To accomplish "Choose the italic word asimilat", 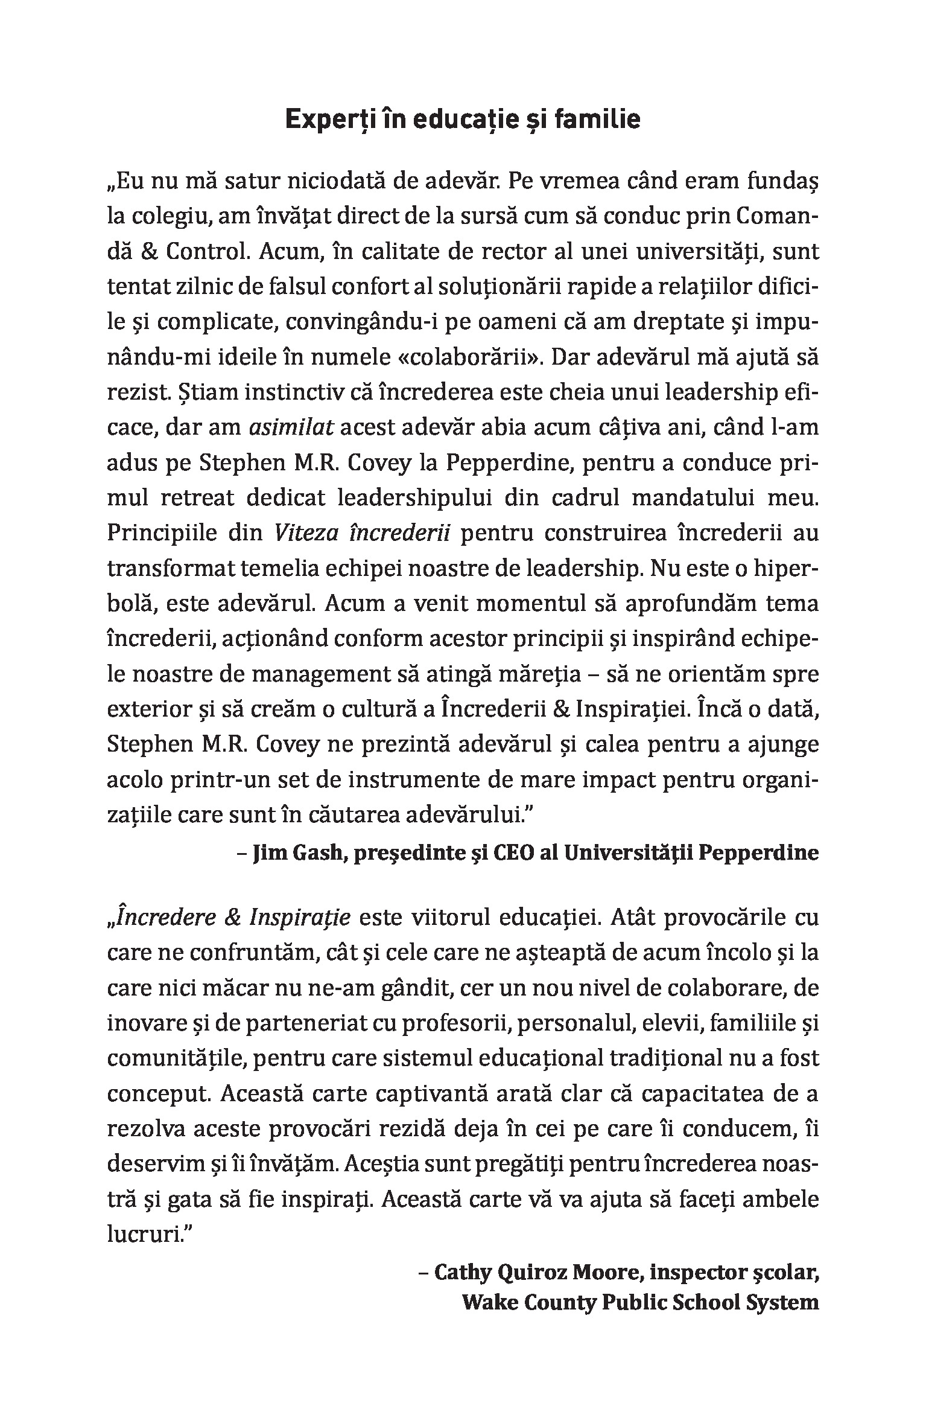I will pyautogui.click(x=291, y=427).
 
